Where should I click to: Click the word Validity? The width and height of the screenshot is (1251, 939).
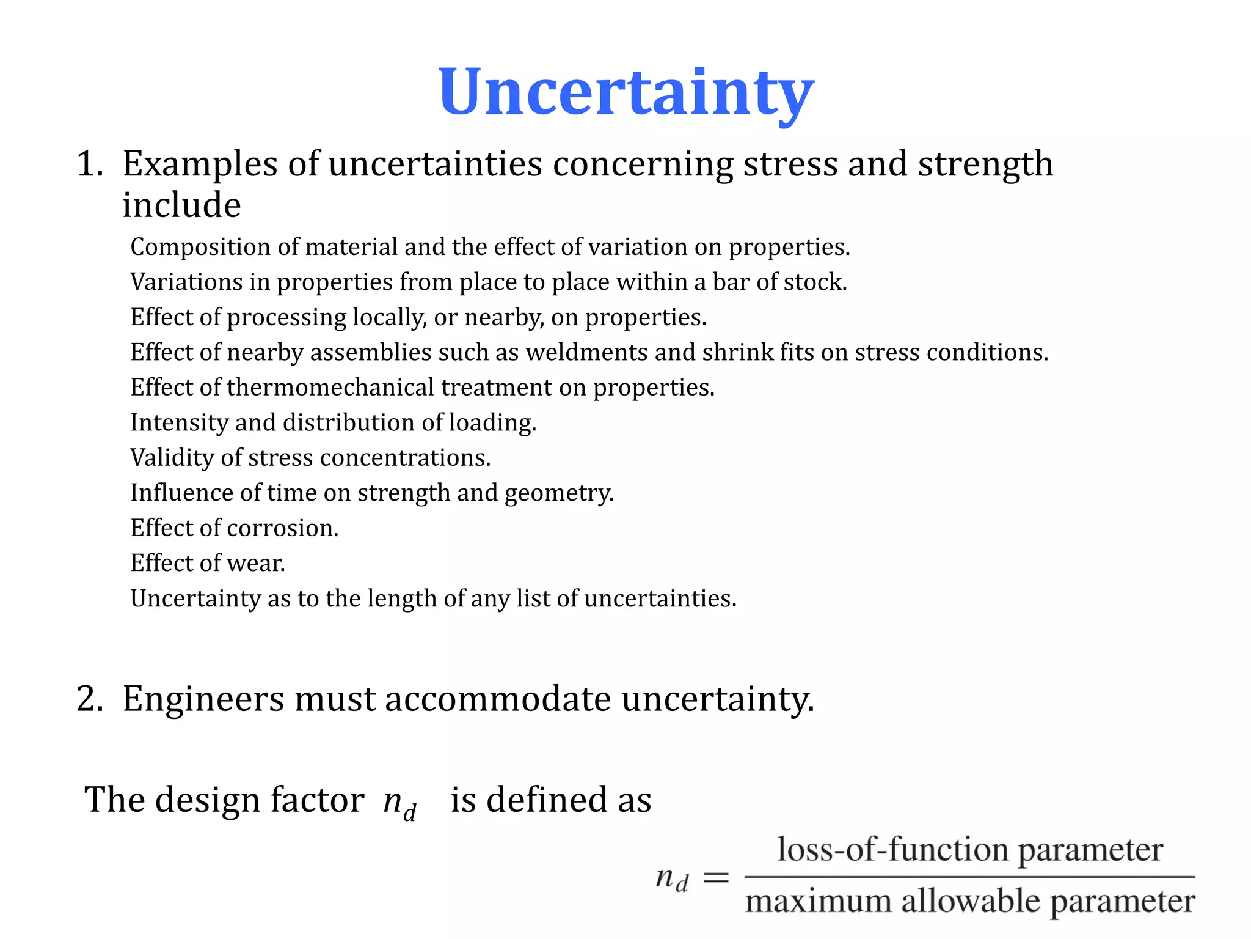click(172, 458)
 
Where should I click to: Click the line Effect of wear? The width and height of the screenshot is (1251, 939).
click(208, 563)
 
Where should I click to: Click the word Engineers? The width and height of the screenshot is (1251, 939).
click(203, 699)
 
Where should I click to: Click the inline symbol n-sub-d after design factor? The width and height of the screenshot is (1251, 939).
click(400, 802)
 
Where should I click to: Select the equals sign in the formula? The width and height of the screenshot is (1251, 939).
click(716, 878)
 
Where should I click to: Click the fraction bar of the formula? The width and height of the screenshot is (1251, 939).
click(969, 877)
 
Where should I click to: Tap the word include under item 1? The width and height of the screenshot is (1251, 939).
click(181, 205)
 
